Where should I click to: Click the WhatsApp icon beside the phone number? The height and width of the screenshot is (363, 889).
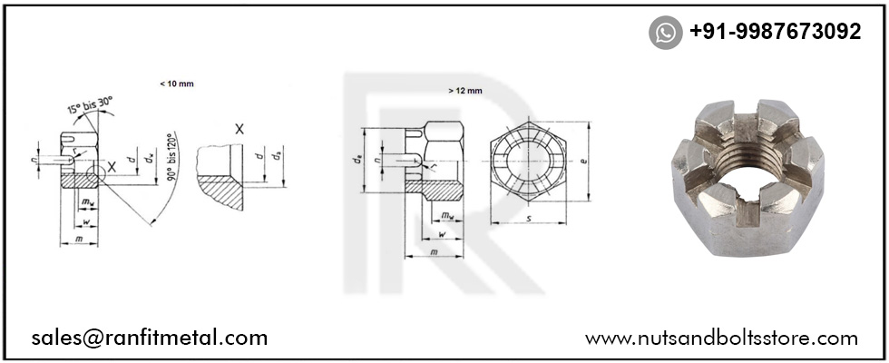pos(665,33)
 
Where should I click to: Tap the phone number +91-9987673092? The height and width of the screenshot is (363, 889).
pos(775,32)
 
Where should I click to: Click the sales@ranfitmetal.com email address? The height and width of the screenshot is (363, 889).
pos(150,338)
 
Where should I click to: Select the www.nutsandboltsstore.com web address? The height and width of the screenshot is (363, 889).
pos(721,338)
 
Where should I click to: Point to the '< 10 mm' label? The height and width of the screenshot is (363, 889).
pos(176,83)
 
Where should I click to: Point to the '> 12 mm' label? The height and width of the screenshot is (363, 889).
pos(464,91)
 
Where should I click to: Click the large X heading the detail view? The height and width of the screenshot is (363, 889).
pos(239,130)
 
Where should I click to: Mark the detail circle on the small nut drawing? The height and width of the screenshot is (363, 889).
pos(97,173)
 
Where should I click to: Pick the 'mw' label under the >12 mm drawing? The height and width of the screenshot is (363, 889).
pos(447,216)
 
